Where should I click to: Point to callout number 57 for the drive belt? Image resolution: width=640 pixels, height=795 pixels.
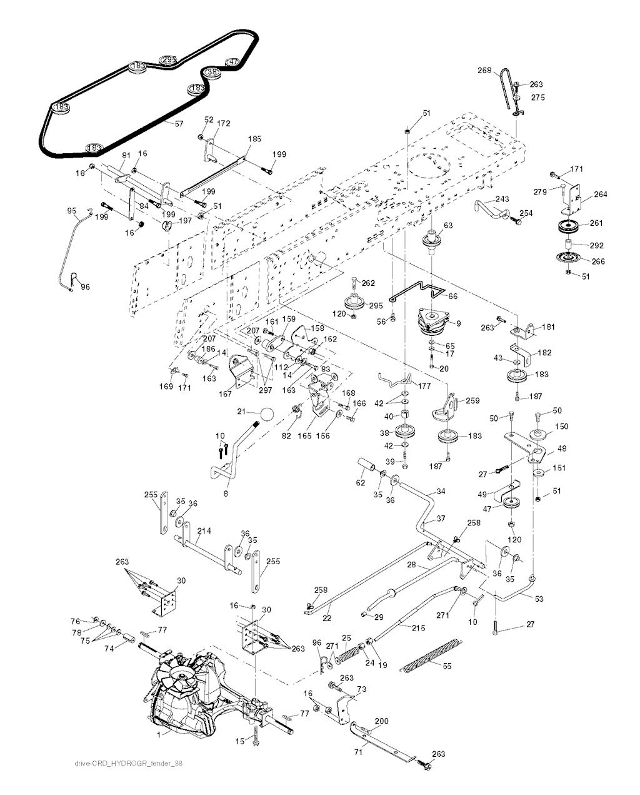point(179,124)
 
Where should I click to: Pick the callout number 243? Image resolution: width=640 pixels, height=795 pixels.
point(502,199)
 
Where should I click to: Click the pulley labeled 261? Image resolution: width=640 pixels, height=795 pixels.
point(569,227)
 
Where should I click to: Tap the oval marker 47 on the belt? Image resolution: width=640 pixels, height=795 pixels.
point(232,62)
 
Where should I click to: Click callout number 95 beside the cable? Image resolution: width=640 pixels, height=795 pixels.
point(71,211)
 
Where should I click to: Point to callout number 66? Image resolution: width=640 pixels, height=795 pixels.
point(452,296)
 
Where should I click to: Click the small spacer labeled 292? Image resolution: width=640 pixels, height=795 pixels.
point(569,244)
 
